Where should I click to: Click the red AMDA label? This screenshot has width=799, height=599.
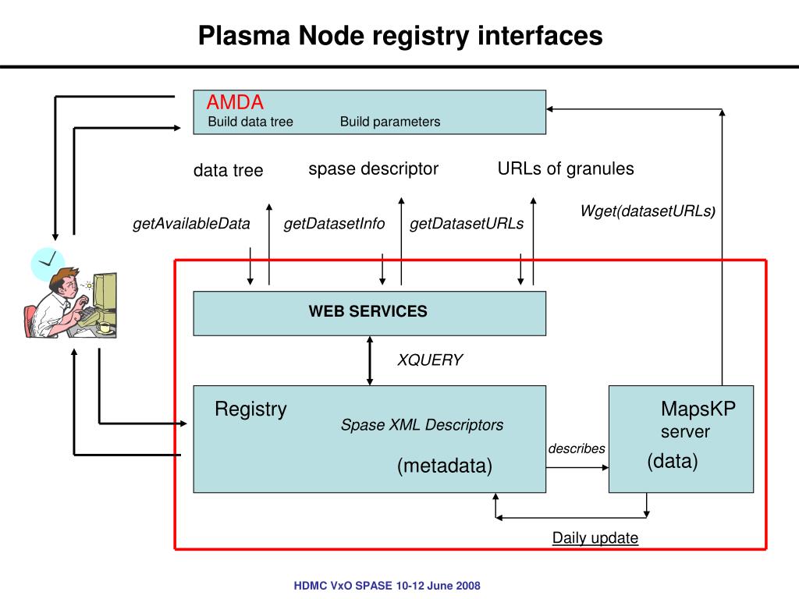click(x=235, y=102)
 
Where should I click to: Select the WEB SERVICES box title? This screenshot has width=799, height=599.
click(x=368, y=311)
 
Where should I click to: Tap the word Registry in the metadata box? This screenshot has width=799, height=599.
click(x=250, y=409)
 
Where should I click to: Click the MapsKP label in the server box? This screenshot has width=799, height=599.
click(x=698, y=409)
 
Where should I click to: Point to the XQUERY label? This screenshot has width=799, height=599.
click(x=430, y=360)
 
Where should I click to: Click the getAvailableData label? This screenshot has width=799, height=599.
click(x=192, y=224)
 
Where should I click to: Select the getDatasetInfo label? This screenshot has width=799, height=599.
click(x=334, y=224)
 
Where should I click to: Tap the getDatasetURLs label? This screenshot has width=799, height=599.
click(x=467, y=224)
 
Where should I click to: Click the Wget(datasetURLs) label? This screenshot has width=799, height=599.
click(x=648, y=211)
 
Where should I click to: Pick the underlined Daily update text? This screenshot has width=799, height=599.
click(x=595, y=538)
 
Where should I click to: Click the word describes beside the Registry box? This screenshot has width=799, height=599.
click(x=577, y=448)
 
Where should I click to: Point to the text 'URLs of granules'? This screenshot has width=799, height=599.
click(x=566, y=168)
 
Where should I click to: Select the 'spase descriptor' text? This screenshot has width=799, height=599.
click(x=374, y=169)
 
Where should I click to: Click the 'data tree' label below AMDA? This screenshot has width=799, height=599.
click(x=229, y=170)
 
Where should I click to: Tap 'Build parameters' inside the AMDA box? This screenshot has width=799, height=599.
click(x=390, y=122)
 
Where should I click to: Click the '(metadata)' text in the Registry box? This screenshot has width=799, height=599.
click(x=445, y=466)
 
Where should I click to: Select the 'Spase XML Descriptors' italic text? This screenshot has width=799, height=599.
click(x=422, y=425)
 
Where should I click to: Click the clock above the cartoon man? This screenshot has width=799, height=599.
click(x=48, y=264)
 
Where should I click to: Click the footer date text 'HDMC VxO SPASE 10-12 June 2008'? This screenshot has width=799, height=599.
click(x=387, y=586)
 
